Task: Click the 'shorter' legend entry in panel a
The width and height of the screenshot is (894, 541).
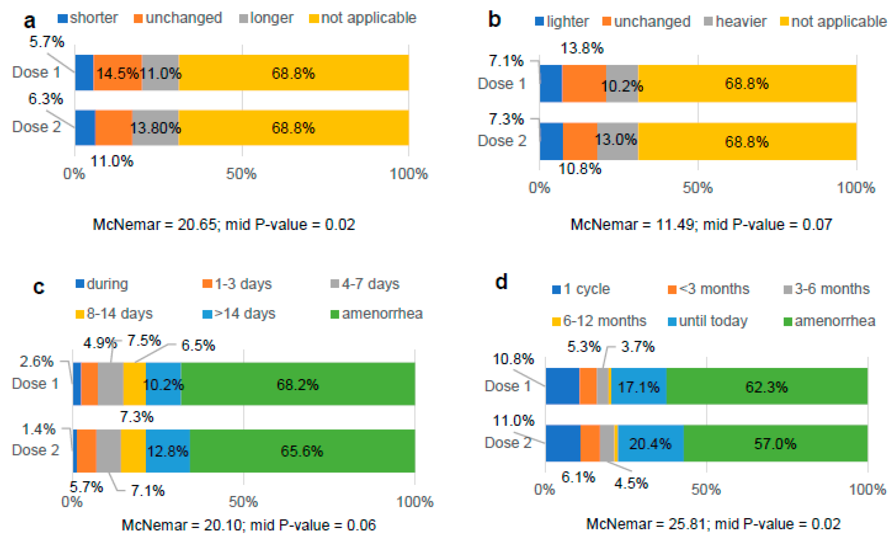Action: (x=88, y=18)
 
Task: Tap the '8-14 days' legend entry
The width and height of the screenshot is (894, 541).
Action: (x=114, y=313)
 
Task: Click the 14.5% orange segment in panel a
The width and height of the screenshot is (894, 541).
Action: (x=117, y=73)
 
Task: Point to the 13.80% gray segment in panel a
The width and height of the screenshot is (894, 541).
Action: (x=155, y=128)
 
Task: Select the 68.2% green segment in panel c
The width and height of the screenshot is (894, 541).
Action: (x=298, y=384)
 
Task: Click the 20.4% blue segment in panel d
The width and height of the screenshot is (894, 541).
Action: (x=650, y=443)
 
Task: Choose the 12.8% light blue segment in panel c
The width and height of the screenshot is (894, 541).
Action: (x=168, y=451)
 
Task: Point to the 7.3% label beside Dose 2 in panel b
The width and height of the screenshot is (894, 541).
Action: (x=506, y=119)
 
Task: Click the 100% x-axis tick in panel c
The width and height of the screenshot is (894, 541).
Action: (x=415, y=502)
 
